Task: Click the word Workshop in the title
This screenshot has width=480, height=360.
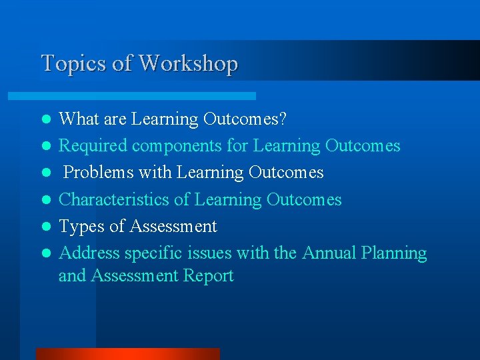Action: (x=188, y=64)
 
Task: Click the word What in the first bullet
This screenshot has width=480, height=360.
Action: (x=78, y=119)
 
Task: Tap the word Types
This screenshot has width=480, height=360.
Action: (x=81, y=227)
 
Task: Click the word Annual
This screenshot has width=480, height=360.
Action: (x=329, y=253)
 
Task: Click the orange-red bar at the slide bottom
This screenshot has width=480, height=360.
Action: (x=127, y=353)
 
